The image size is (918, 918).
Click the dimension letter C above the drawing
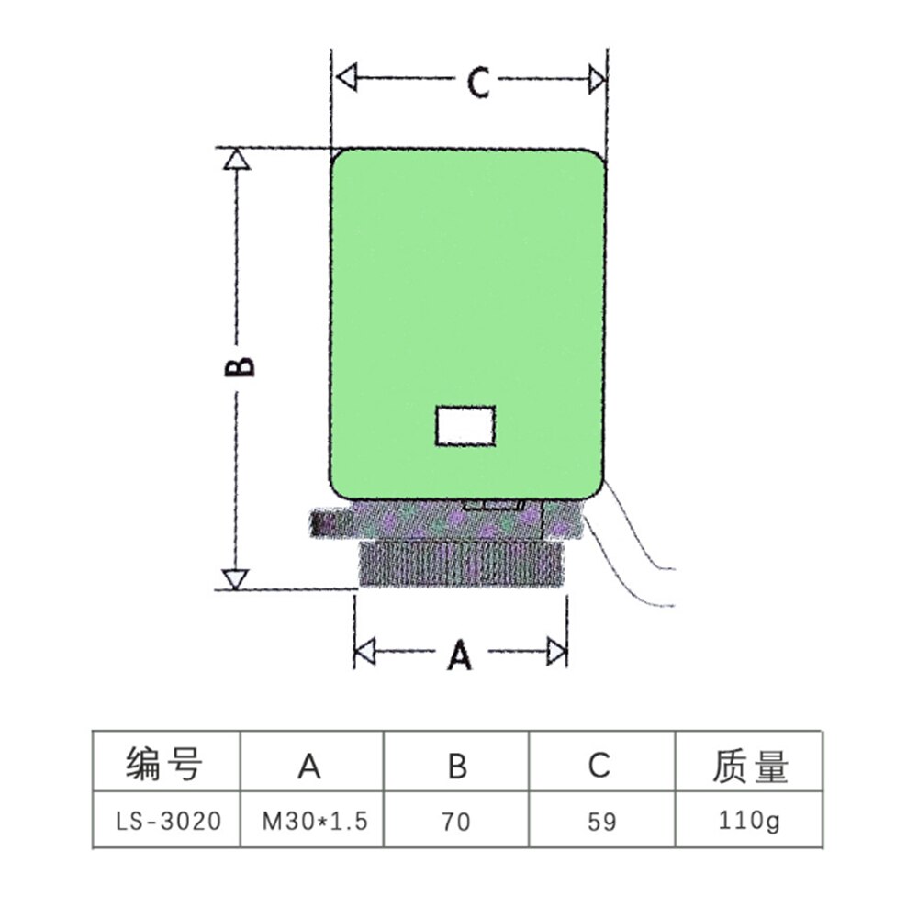click(x=476, y=83)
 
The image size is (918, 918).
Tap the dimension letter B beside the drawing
click(x=240, y=366)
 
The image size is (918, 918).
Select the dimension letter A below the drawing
click(x=460, y=655)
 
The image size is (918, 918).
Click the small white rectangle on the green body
click(x=465, y=426)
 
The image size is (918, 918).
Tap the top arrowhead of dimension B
click(x=237, y=160)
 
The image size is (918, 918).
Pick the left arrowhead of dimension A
click(x=365, y=653)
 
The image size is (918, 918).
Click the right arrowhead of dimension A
click(x=556, y=653)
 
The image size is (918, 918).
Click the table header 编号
click(x=164, y=765)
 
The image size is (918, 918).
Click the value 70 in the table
click(x=456, y=820)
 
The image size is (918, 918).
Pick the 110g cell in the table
click(x=750, y=820)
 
